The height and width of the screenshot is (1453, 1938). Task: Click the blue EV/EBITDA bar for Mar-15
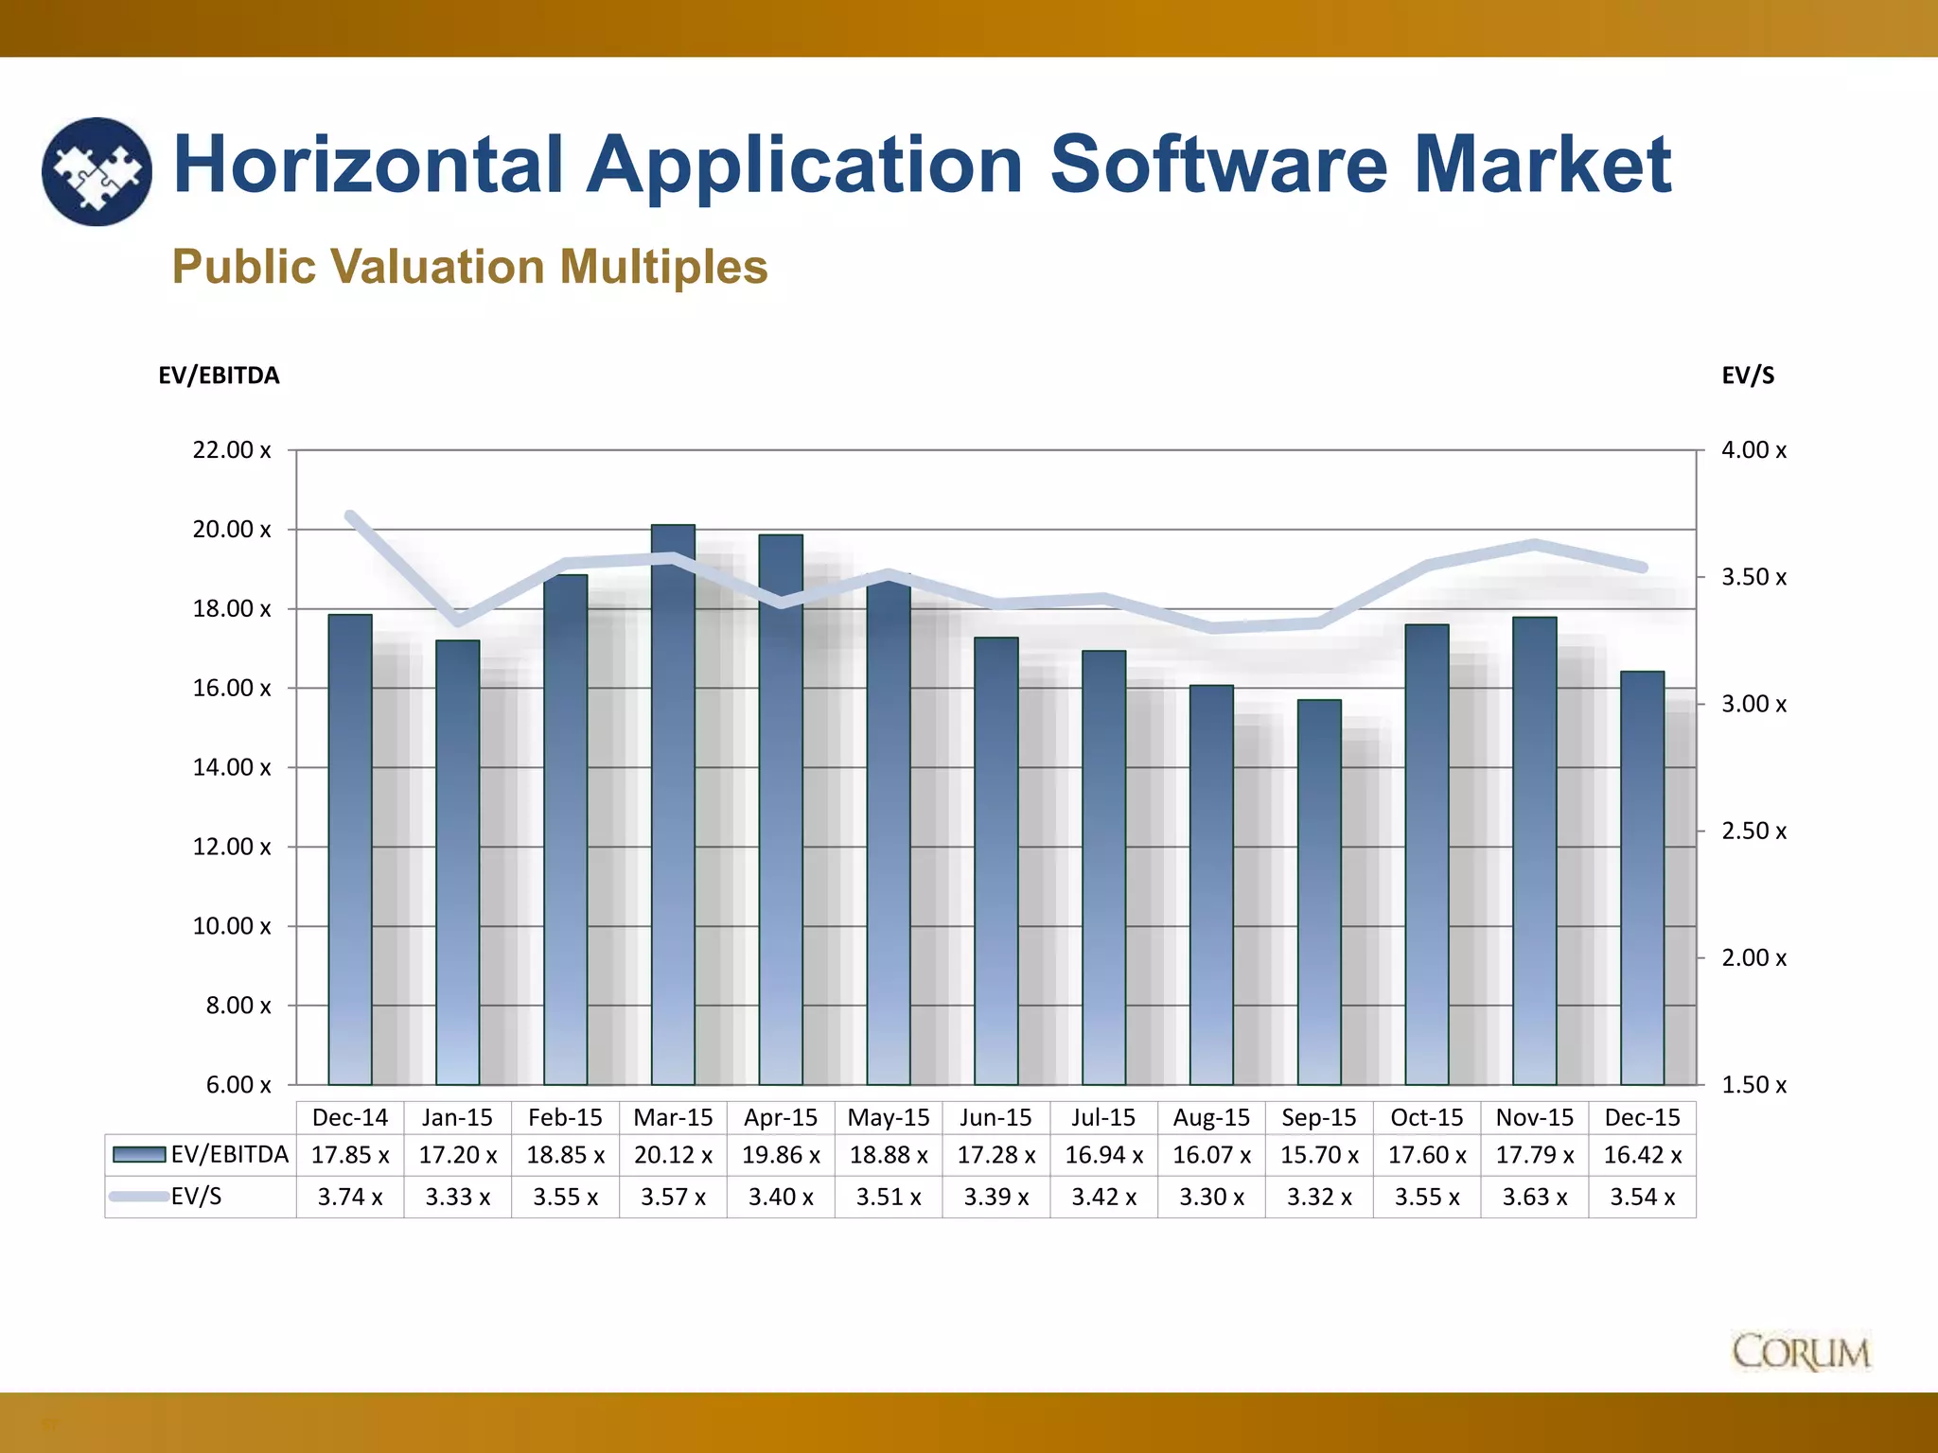pyautogui.click(x=673, y=804)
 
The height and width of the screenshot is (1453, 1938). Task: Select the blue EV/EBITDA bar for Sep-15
pyautogui.click(x=1319, y=892)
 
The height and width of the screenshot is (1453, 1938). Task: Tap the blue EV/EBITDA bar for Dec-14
pyautogui.click(x=350, y=849)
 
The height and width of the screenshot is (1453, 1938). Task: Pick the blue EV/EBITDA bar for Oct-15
pyautogui.click(x=1427, y=854)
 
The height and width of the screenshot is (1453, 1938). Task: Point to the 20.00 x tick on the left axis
pyautogui.click(x=232, y=530)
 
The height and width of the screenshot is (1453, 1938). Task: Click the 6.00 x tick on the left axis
pyautogui.click(x=238, y=1085)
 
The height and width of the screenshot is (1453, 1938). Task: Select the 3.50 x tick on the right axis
pyautogui.click(x=1753, y=577)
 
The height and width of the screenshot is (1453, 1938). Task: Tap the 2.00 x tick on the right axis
pyautogui.click(x=1753, y=958)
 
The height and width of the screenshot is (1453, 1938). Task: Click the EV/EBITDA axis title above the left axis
pyautogui.click(x=219, y=376)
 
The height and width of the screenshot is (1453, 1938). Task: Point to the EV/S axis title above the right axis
pyautogui.click(x=1748, y=376)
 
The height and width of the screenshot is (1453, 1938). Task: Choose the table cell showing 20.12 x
pyautogui.click(x=673, y=1156)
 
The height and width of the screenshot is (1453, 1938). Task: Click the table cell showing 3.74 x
pyautogui.click(x=350, y=1198)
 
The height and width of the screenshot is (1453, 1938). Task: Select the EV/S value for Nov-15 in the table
pyautogui.click(x=1535, y=1198)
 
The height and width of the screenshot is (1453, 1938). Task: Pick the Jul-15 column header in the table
pyautogui.click(x=1103, y=1118)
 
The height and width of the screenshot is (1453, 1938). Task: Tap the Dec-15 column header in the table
pyautogui.click(x=1642, y=1118)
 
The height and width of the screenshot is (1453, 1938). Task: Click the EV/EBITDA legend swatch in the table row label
pyautogui.click(x=139, y=1155)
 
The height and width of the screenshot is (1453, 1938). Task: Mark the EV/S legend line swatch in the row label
pyautogui.click(x=138, y=1197)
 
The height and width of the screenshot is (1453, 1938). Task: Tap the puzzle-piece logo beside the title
pyautogui.click(x=97, y=171)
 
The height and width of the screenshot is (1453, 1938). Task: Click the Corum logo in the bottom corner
pyautogui.click(x=1801, y=1353)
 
